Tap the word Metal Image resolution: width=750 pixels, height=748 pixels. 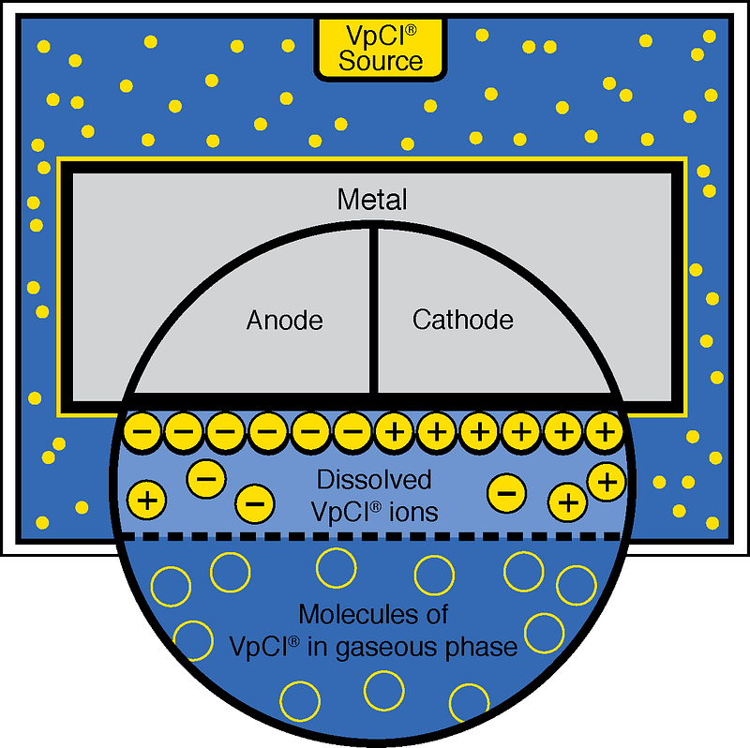(373, 200)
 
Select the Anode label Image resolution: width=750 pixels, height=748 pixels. (284, 321)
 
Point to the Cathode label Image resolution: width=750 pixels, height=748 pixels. (463, 321)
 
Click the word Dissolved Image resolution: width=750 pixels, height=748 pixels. (374, 480)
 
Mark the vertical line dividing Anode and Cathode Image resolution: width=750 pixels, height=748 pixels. (374, 309)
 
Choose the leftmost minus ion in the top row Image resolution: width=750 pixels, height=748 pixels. (142, 432)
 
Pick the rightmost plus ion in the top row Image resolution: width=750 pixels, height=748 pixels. (605, 432)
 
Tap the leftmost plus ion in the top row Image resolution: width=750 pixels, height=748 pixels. (395, 432)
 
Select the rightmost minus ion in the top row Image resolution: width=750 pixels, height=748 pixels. (352, 432)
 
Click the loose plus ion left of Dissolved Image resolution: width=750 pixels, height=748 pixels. (145, 499)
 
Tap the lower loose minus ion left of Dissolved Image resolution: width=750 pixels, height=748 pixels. (253, 503)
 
